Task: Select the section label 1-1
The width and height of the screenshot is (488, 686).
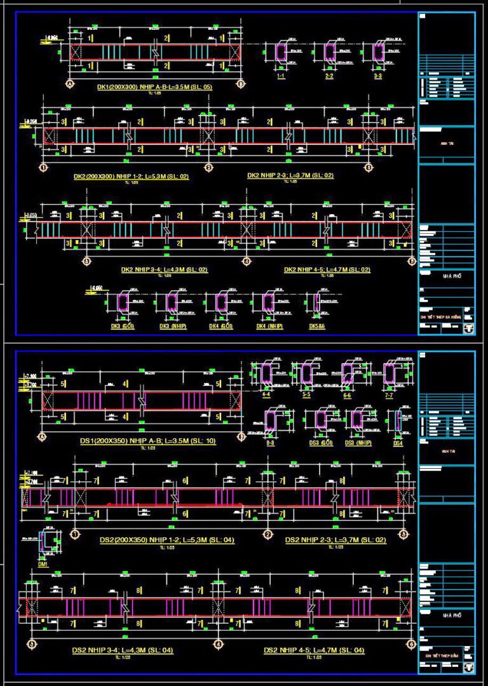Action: tap(280, 76)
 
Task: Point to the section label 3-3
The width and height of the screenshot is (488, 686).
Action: tap(378, 76)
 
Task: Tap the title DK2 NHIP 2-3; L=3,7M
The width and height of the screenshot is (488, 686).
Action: tap(290, 175)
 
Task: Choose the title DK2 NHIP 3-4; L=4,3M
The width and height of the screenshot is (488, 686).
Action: tap(164, 269)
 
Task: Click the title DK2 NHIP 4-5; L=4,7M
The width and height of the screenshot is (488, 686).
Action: tap(327, 269)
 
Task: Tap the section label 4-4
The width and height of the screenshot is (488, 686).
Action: tap(268, 396)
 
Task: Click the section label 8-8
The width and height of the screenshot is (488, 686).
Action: tap(271, 443)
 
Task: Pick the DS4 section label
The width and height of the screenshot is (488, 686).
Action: tap(398, 443)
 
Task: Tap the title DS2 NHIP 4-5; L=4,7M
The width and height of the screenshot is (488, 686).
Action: tap(314, 650)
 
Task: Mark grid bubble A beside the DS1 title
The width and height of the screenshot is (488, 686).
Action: tap(43, 438)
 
